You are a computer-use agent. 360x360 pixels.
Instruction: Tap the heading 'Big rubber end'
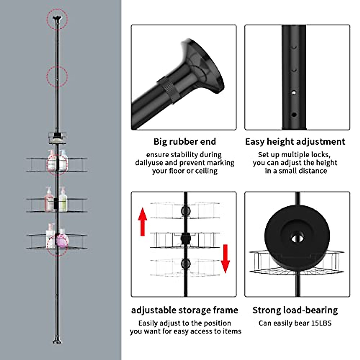point(184,142)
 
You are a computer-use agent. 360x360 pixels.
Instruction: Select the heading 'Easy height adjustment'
point(295,142)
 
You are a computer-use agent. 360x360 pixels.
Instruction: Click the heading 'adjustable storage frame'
point(184,310)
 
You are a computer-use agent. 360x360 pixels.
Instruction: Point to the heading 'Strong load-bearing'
point(295,310)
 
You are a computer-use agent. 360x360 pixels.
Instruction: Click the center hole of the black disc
point(297,238)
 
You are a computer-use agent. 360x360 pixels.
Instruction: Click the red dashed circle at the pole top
point(57,19)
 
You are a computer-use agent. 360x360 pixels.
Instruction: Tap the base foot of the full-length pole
point(57,341)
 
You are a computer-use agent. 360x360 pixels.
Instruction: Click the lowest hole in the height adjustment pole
point(294,115)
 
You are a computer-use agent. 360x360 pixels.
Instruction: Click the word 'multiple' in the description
point(295,154)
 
